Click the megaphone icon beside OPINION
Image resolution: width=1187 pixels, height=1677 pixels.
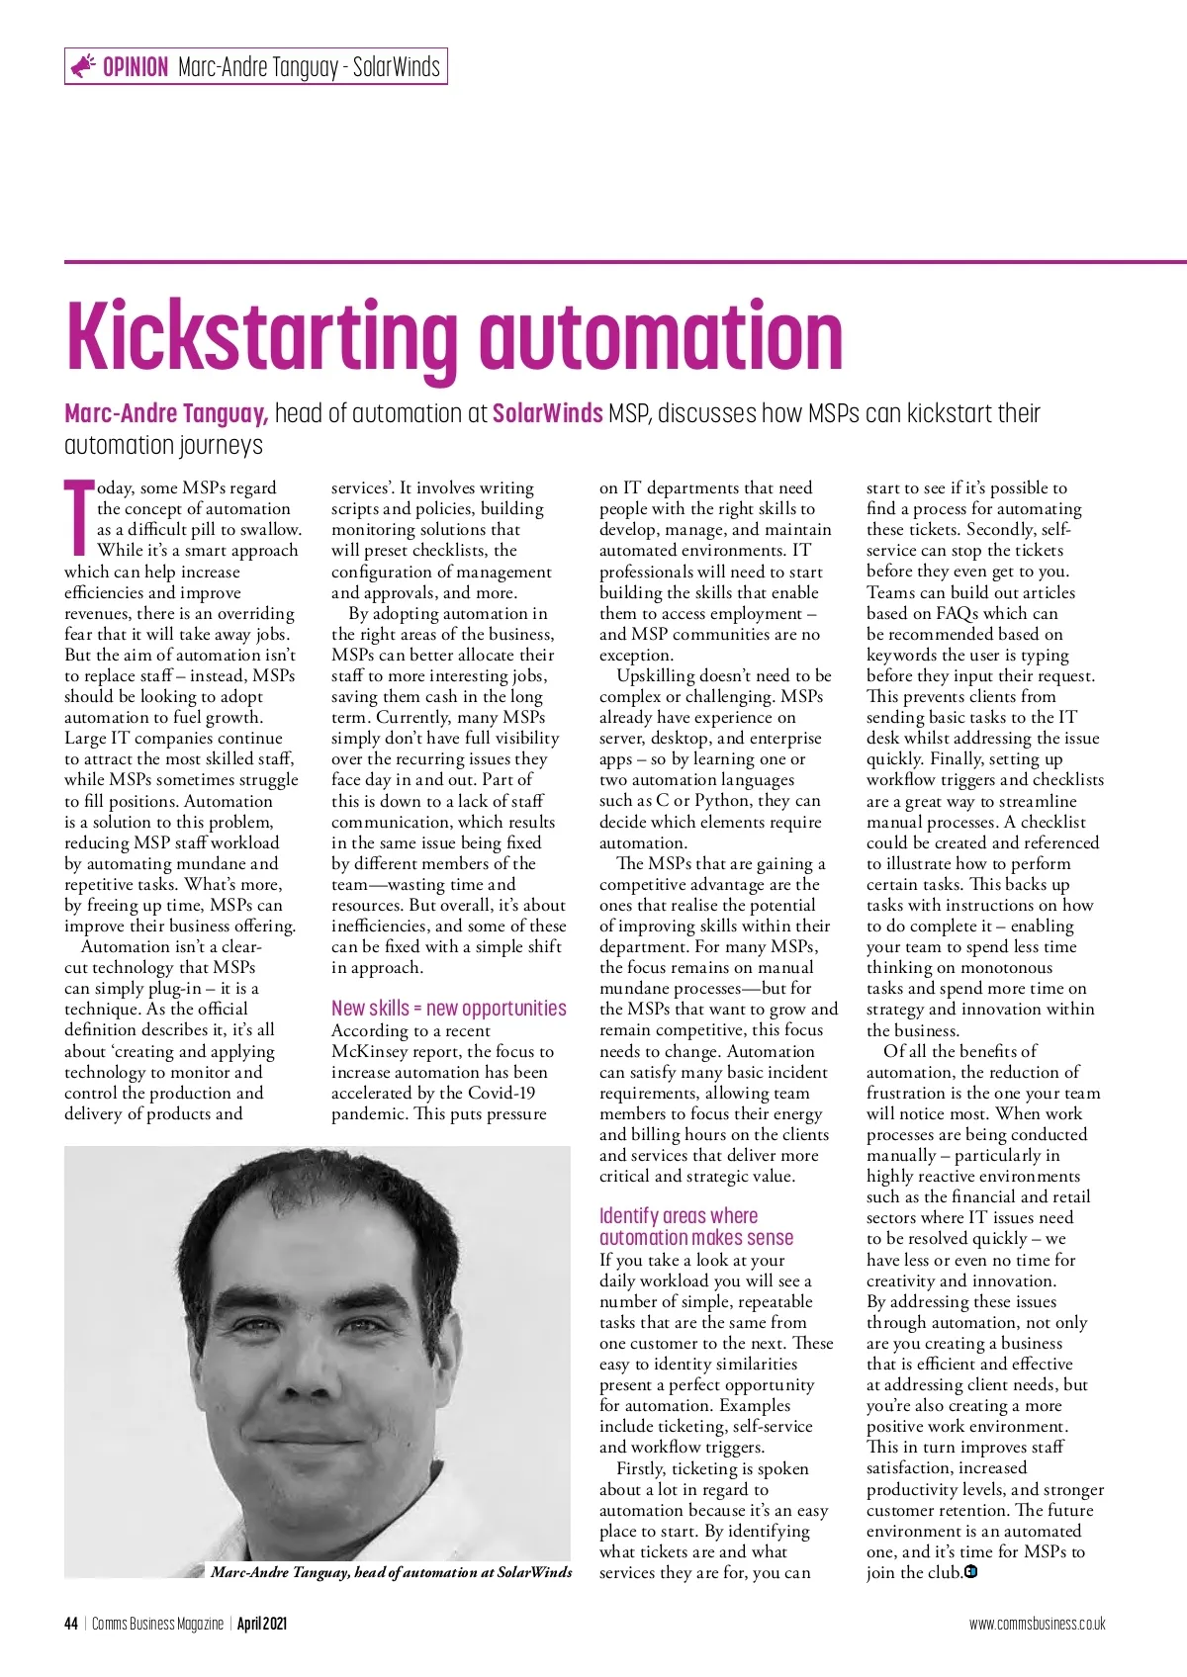coord(83,66)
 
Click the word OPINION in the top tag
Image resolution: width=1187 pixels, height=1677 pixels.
coord(136,67)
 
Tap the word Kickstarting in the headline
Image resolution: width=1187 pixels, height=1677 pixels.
coord(262,336)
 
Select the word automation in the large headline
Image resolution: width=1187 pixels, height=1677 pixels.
coord(661,336)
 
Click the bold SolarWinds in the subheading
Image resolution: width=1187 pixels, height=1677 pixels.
coord(547,413)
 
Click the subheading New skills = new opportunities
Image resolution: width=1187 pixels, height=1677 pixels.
coord(448,1009)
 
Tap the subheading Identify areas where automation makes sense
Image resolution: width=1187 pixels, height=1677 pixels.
coord(696,1227)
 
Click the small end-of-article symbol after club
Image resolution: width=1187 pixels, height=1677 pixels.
coord(970,1572)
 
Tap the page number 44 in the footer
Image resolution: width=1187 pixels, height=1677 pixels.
coord(71,1624)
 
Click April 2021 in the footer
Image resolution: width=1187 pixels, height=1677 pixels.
coord(262,1624)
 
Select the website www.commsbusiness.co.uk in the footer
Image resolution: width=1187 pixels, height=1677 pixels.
coord(1037,1624)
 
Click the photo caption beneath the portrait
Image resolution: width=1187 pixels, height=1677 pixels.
coord(391,1572)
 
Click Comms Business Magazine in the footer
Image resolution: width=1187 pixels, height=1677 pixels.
coord(157,1624)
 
